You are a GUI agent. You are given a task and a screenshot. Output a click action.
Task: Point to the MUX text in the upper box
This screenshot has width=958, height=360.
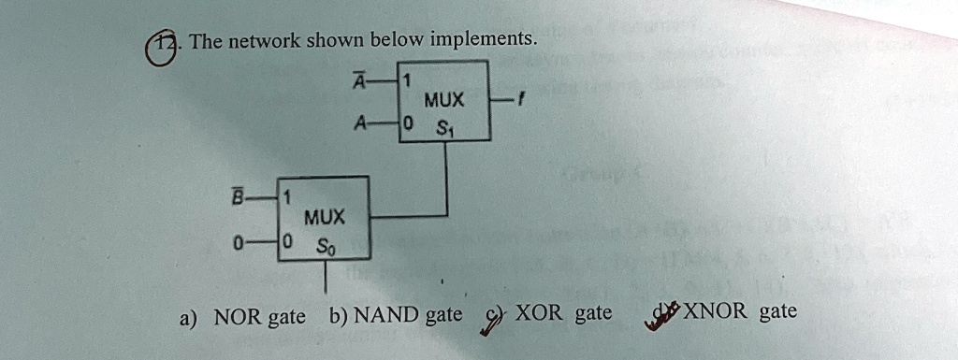click(439, 99)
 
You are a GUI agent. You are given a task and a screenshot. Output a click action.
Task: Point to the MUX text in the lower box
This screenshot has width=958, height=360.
click(323, 218)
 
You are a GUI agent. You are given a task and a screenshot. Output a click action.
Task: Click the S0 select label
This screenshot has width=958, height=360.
click(323, 247)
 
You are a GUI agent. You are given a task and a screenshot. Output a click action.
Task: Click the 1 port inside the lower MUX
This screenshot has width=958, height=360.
click(288, 197)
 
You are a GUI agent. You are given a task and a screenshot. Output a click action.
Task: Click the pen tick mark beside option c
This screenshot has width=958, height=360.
click(486, 321)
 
